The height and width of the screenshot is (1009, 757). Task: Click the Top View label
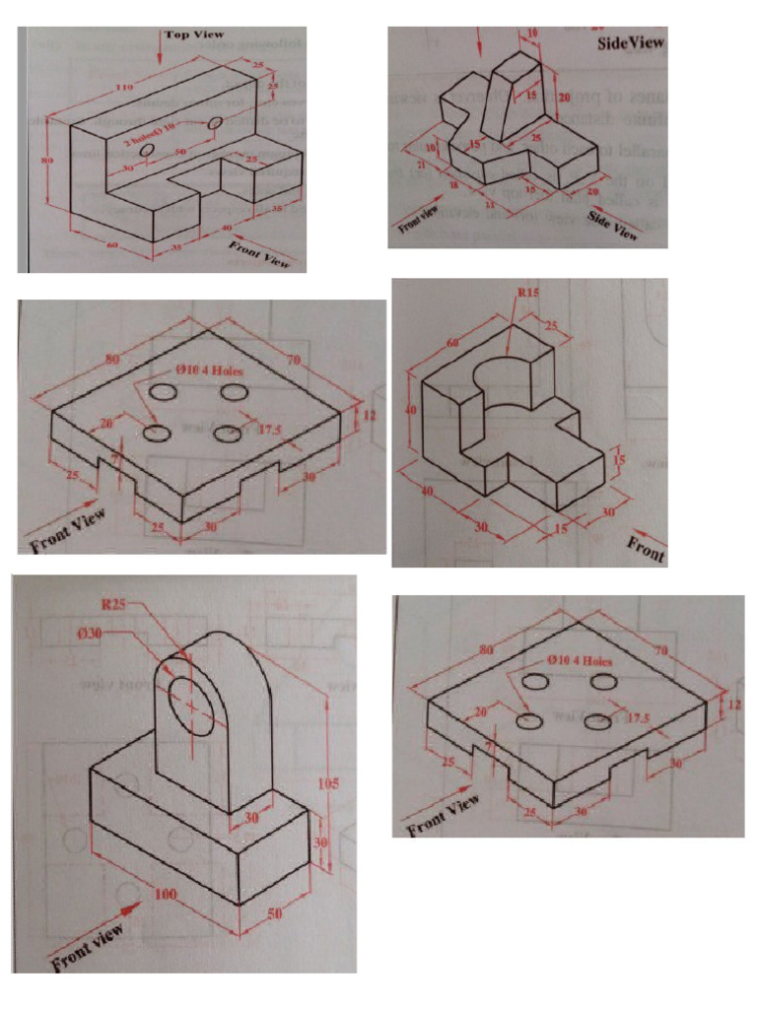coord(194,34)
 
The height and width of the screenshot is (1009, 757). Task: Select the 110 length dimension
coord(125,90)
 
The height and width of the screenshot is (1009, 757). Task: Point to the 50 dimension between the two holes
coord(179,153)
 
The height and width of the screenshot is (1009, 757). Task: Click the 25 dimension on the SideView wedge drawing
coord(536,139)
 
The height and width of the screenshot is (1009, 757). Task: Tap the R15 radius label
coord(530,293)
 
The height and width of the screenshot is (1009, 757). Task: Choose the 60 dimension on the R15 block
coord(452,344)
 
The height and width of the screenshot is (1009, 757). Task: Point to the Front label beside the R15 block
coord(646,551)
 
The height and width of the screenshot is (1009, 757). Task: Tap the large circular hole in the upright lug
coord(188,702)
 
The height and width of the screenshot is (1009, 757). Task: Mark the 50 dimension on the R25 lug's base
coord(275,913)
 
